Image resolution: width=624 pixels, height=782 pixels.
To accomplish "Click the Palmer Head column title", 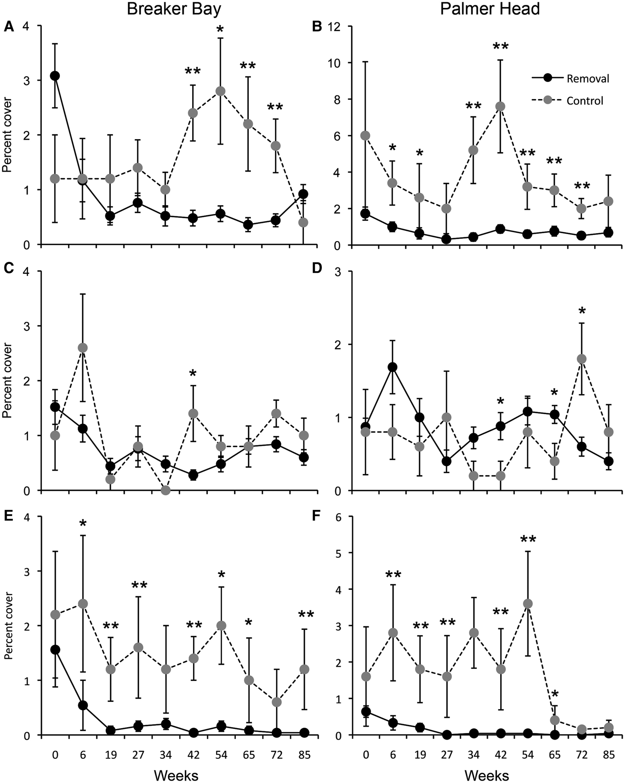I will (490, 9).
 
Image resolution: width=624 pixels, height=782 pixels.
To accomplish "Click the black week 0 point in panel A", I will (55, 76).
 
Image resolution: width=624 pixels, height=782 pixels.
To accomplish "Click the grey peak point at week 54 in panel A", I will (220, 91).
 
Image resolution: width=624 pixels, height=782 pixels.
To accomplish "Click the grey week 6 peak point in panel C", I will (82, 347).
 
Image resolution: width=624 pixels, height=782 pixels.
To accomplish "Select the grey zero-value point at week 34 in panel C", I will (165, 490).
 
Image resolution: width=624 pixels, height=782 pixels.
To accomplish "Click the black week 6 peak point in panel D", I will (392, 367).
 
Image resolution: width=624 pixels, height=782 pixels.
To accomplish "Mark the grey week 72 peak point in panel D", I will (581, 358).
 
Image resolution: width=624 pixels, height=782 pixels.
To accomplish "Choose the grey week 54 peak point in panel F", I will (527, 603).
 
